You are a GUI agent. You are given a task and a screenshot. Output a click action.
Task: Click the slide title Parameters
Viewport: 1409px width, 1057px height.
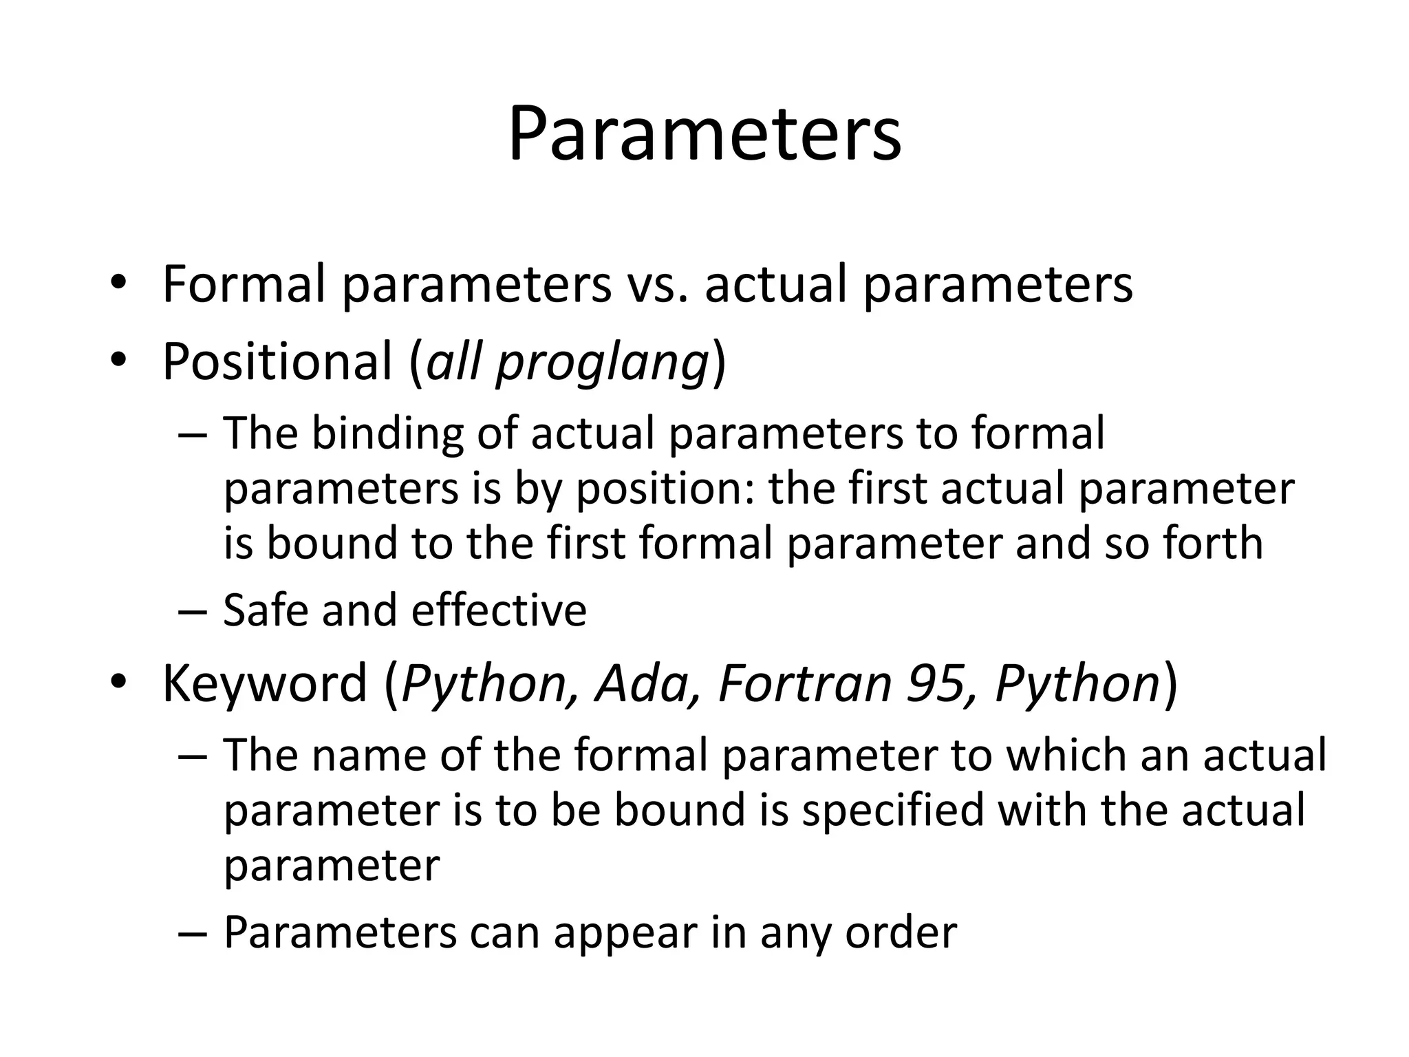coord(704,134)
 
